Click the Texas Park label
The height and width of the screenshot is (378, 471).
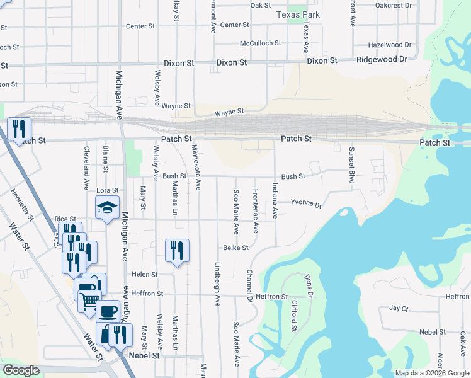[x=298, y=14]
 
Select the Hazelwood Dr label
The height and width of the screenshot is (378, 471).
[x=389, y=45]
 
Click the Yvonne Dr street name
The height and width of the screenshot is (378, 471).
[x=306, y=205]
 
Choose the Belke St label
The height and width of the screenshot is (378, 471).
[x=237, y=248]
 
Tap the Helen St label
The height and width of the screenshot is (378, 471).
[x=144, y=274]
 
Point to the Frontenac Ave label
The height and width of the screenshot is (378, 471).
[x=256, y=210]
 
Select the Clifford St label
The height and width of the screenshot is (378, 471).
[x=294, y=316]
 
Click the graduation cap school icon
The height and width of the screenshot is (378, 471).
[x=107, y=207]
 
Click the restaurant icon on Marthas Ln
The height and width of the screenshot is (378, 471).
[x=177, y=250]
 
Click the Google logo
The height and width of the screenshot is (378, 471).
[x=21, y=370]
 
